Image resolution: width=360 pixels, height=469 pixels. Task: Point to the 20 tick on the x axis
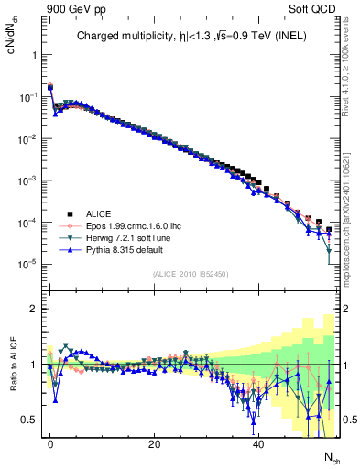coord(155,444)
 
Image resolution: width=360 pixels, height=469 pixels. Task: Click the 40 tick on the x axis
coord(259,444)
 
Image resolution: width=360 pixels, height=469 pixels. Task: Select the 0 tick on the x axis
coord(50,444)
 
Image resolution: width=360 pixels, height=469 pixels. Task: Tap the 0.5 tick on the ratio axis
coord(30,420)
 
